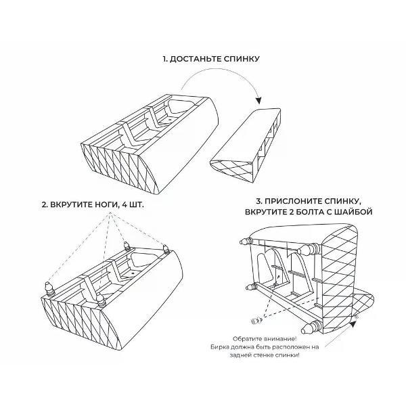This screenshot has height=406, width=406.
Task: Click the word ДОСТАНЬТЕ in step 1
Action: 196,59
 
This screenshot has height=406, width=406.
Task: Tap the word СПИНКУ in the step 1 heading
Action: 242,59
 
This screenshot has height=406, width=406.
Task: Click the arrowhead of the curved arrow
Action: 258,100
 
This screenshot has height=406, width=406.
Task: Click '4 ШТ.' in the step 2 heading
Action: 133,204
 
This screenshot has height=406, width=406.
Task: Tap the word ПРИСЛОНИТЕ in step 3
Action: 294,201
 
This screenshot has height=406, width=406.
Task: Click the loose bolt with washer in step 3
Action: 256,321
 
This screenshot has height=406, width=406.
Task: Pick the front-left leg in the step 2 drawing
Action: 49,289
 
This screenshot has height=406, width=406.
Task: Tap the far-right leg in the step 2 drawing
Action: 166,249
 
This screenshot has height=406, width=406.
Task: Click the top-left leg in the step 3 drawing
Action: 246,241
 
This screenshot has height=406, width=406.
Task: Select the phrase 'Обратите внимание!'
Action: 265,339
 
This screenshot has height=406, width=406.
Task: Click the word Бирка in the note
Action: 219,347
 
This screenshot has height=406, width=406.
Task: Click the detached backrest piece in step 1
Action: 246,145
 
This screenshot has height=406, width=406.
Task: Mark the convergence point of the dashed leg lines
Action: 110,213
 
